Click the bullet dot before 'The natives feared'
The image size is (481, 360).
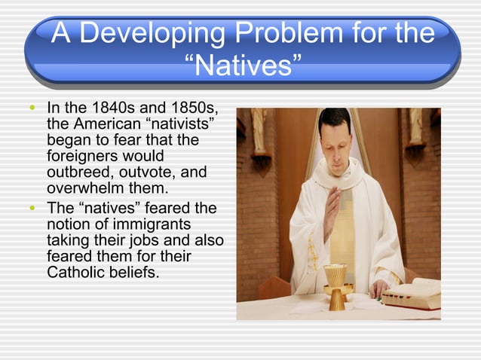pyautogui.click(x=30, y=208)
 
